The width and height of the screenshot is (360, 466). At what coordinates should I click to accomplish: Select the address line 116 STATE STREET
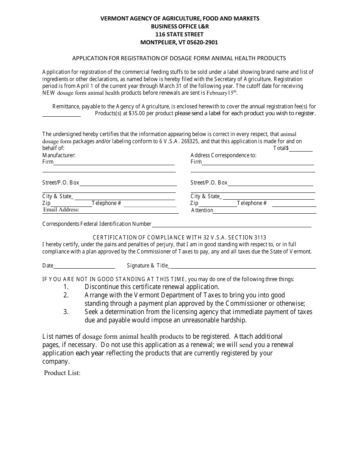pyautogui.click(x=180, y=34)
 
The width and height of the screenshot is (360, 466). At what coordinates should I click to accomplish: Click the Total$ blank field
pyautogui.click(x=301, y=149)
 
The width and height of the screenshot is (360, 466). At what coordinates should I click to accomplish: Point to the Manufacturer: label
pyautogui.click(x=59, y=155)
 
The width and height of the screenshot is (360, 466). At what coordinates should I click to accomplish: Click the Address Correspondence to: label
pyautogui.click(x=223, y=155)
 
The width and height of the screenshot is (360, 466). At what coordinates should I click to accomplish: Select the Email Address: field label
pyautogui.click(x=61, y=210)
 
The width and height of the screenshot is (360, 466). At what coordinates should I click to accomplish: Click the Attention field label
pyautogui.click(x=202, y=210)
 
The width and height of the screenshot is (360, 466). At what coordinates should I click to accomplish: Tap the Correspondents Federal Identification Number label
pyautogui.click(x=97, y=224)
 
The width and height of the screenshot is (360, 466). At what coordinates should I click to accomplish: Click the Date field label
pyautogui.click(x=48, y=266)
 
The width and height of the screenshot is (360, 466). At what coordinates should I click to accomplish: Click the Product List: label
pyautogui.click(x=62, y=373)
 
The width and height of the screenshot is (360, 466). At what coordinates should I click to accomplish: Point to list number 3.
pyautogui.click(x=66, y=312)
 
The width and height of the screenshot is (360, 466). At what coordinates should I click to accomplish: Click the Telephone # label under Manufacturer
pyautogui.click(x=106, y=203)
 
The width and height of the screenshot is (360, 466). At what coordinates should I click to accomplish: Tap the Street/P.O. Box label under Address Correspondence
pyautogui.click(x=209, y=183)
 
